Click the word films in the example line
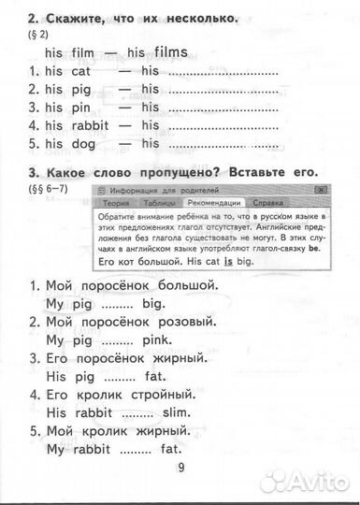pos(167,51)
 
